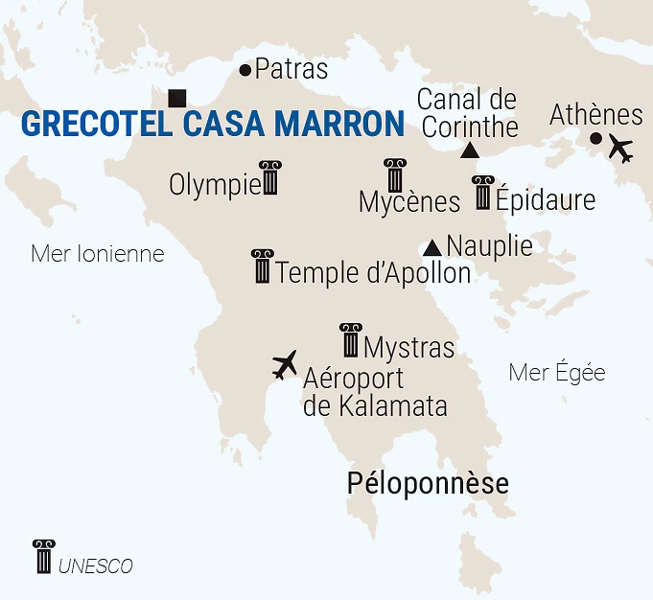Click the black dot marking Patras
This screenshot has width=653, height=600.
pyautogui.click(x=245, y=70)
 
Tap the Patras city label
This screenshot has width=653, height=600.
pyautogui.click(x=292, y=70)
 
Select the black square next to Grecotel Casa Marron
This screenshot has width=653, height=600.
pyautogui.click(x=176, y=98)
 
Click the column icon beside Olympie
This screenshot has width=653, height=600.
pyautogui.click(x=270, y=178)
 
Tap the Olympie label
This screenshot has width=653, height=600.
pyautogui.click(x=214, y=184)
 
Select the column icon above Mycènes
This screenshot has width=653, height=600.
pyautogui.click(x=394, y=176)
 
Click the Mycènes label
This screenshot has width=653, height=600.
pyautogui.click(x=409, y=202)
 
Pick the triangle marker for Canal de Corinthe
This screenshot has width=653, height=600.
pyautogui.click(x=469, y=150)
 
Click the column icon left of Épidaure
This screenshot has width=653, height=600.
pyautogui.click(x=482, y=194)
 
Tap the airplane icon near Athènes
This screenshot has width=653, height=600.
pyautogui.click(x=621, y=150)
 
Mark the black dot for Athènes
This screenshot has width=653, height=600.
pyautogui.click(x=595, y=139)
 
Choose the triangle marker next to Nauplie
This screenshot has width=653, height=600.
pyautogui.click(x=432, y=247)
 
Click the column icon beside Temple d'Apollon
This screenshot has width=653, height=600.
pyautogui.click(x=262, y=266)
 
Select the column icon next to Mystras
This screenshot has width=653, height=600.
pyautogui.click(x=351, y=340)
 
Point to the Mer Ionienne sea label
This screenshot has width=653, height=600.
pyautogui.click(x=98, y=254)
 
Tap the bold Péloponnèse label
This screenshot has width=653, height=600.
pyautogui.click(x=428, y=483)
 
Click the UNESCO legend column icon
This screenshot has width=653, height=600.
pyautogui.click(x=43, y=557)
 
